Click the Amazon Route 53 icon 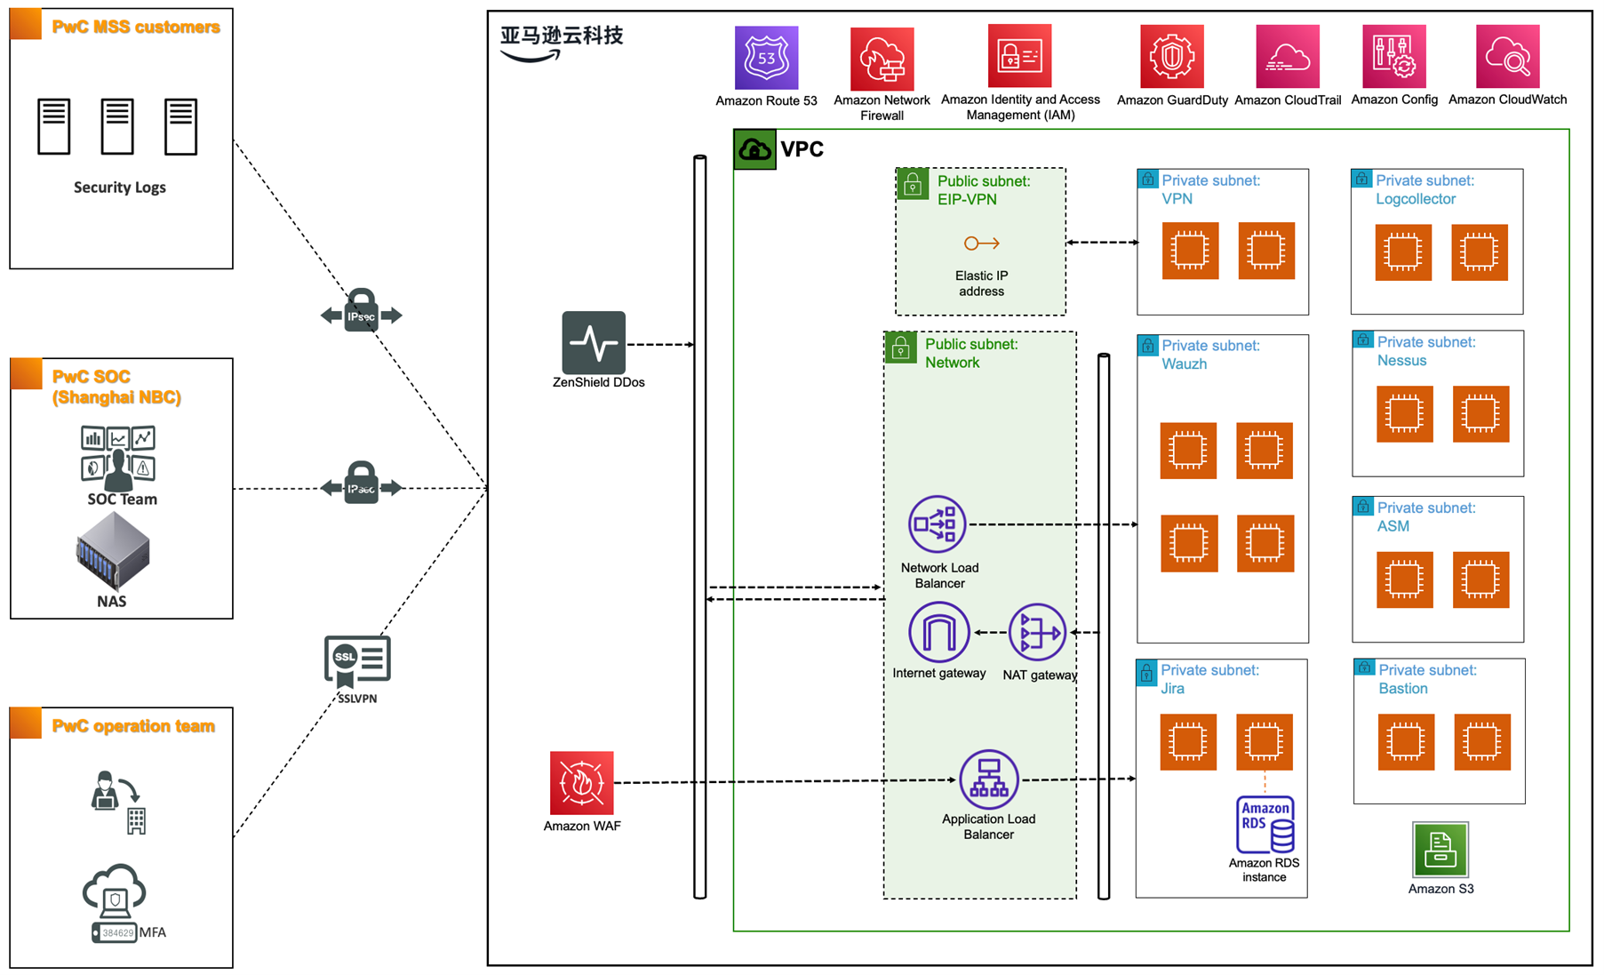click(x=766, y=58)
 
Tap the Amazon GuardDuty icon click(x=1171, y=57)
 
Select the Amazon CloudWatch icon click(x=1507, y=57)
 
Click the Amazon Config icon click(x=1393, y=57)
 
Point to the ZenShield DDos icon click(x=594, y=342)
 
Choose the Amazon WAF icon click(x=581, y=783)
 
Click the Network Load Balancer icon click(x=937, y=524)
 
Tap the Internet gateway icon click(x=938, y=632)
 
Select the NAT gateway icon click(x=1037, y=633)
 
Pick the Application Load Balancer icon click(x=988, y=779)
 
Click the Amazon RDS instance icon click(x=1265, y=825)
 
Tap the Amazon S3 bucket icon click(x=1440, y=850)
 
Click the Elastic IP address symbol click(x=981, y=244)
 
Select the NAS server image click(x=113, y=552)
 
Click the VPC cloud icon click(x=754, y=149)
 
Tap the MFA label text click(x=153, y=932)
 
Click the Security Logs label click(x=120, y=188)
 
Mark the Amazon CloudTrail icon click(x=1287, y=57)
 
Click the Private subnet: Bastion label click(x=1426, y=679)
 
